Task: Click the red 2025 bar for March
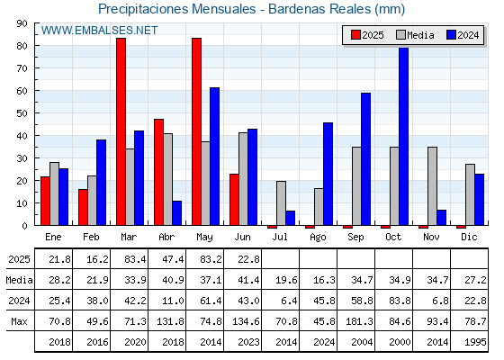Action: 121,131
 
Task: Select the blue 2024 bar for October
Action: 404,136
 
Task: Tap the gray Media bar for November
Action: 432,186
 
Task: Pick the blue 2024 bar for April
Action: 177,213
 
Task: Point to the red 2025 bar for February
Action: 83,207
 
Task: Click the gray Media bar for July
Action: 281,203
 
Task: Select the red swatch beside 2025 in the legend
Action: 355,35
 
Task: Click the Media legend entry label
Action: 420,35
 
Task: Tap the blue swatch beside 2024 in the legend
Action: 451,35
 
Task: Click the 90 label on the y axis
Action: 22,23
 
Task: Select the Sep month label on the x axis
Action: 355,238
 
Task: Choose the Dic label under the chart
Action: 469,237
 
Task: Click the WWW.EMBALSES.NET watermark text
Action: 99,31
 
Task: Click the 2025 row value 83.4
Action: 135,259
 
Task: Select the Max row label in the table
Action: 19,321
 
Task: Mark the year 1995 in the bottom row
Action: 475,342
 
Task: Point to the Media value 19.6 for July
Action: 286,280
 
